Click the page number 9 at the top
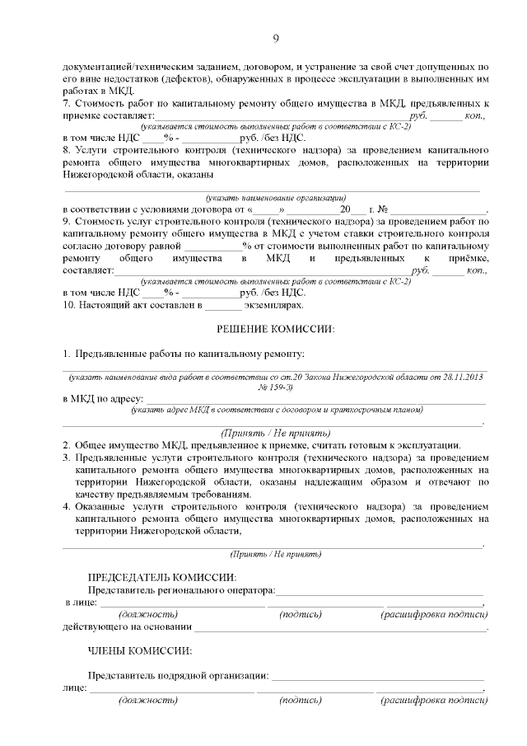click(x=276, y=37)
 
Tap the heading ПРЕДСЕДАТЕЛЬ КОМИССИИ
click(x=161, y=577)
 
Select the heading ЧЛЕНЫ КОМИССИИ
click(x=139, y=650)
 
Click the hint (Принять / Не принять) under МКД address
click(x=276, y=433)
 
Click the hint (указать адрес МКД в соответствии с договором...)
click(x=276, y=410)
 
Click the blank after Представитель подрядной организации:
click(x=376, y=676)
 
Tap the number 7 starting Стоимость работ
click(x=67, y=105)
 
